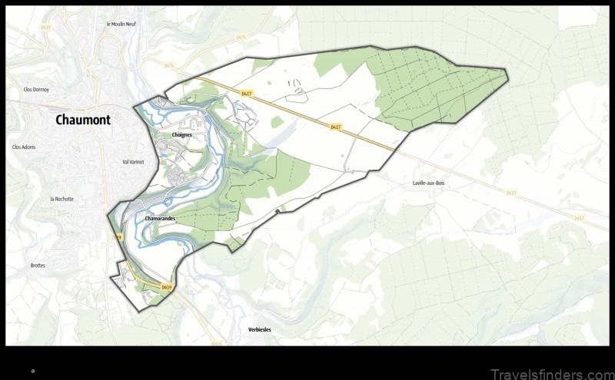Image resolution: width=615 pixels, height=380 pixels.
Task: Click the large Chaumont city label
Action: click(x=83, y=120)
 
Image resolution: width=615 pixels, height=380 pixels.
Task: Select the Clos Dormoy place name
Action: click(x=36, y=90)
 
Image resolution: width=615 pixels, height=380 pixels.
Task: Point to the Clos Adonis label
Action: click(x=24, y=147)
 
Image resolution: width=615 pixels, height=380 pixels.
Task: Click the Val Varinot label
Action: click(x=133, y=162)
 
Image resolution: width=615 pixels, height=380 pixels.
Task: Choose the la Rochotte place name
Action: click(x=62, y=199)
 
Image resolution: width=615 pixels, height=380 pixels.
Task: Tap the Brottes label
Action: click(x=38, y=266)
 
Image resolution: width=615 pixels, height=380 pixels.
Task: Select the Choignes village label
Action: click(x=182, y=134)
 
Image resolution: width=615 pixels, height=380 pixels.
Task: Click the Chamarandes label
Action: click(x=160, y=219)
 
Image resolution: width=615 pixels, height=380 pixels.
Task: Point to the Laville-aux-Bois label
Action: click(x=429, y=183)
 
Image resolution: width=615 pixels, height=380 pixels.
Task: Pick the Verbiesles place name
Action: click(x=260, y=329)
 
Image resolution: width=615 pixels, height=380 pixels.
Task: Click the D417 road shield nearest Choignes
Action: click(x=246, y=94)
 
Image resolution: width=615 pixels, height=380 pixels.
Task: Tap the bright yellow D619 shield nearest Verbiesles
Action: click(x=167, y=287)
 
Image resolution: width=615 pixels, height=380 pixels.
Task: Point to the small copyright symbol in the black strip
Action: click(x=33, y=371)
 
